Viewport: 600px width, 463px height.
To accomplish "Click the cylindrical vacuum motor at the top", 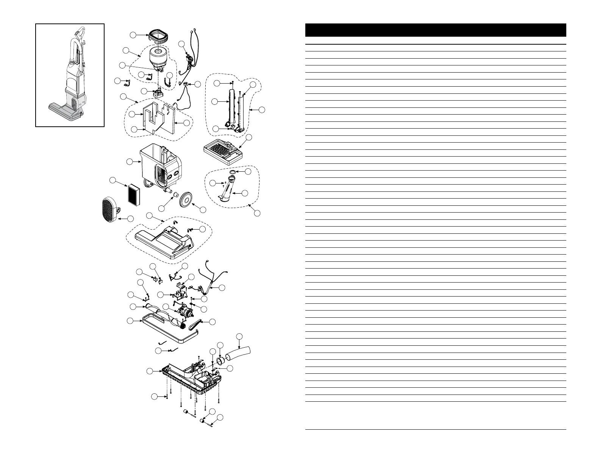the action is click(160, 56).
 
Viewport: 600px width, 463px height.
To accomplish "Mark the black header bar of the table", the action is click(436, 30).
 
